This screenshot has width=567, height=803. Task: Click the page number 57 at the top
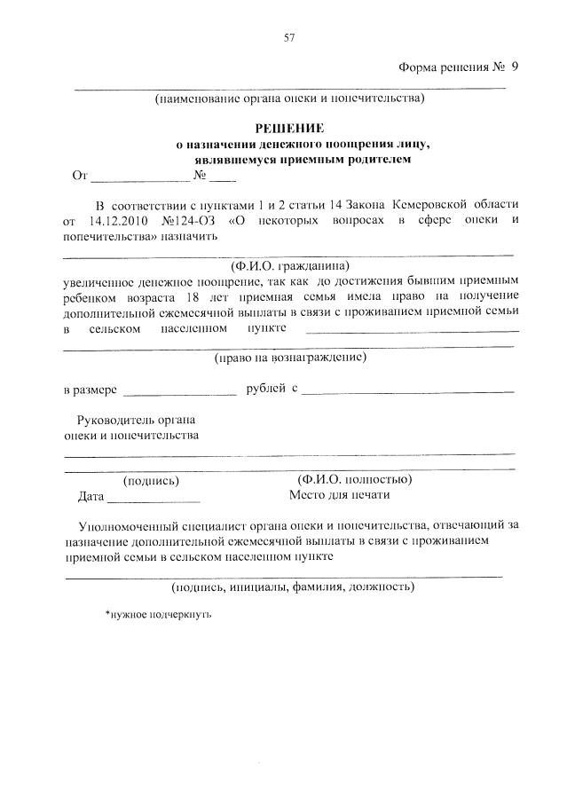pos(288,37)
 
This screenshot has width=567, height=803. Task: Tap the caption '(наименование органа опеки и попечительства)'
pos(289,98)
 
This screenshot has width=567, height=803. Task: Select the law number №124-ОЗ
pos(189,220)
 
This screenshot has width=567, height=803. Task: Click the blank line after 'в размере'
pos(179,390)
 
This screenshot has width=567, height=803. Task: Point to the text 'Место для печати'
pos(339,495)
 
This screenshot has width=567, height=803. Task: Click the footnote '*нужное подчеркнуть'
pos(158,613)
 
